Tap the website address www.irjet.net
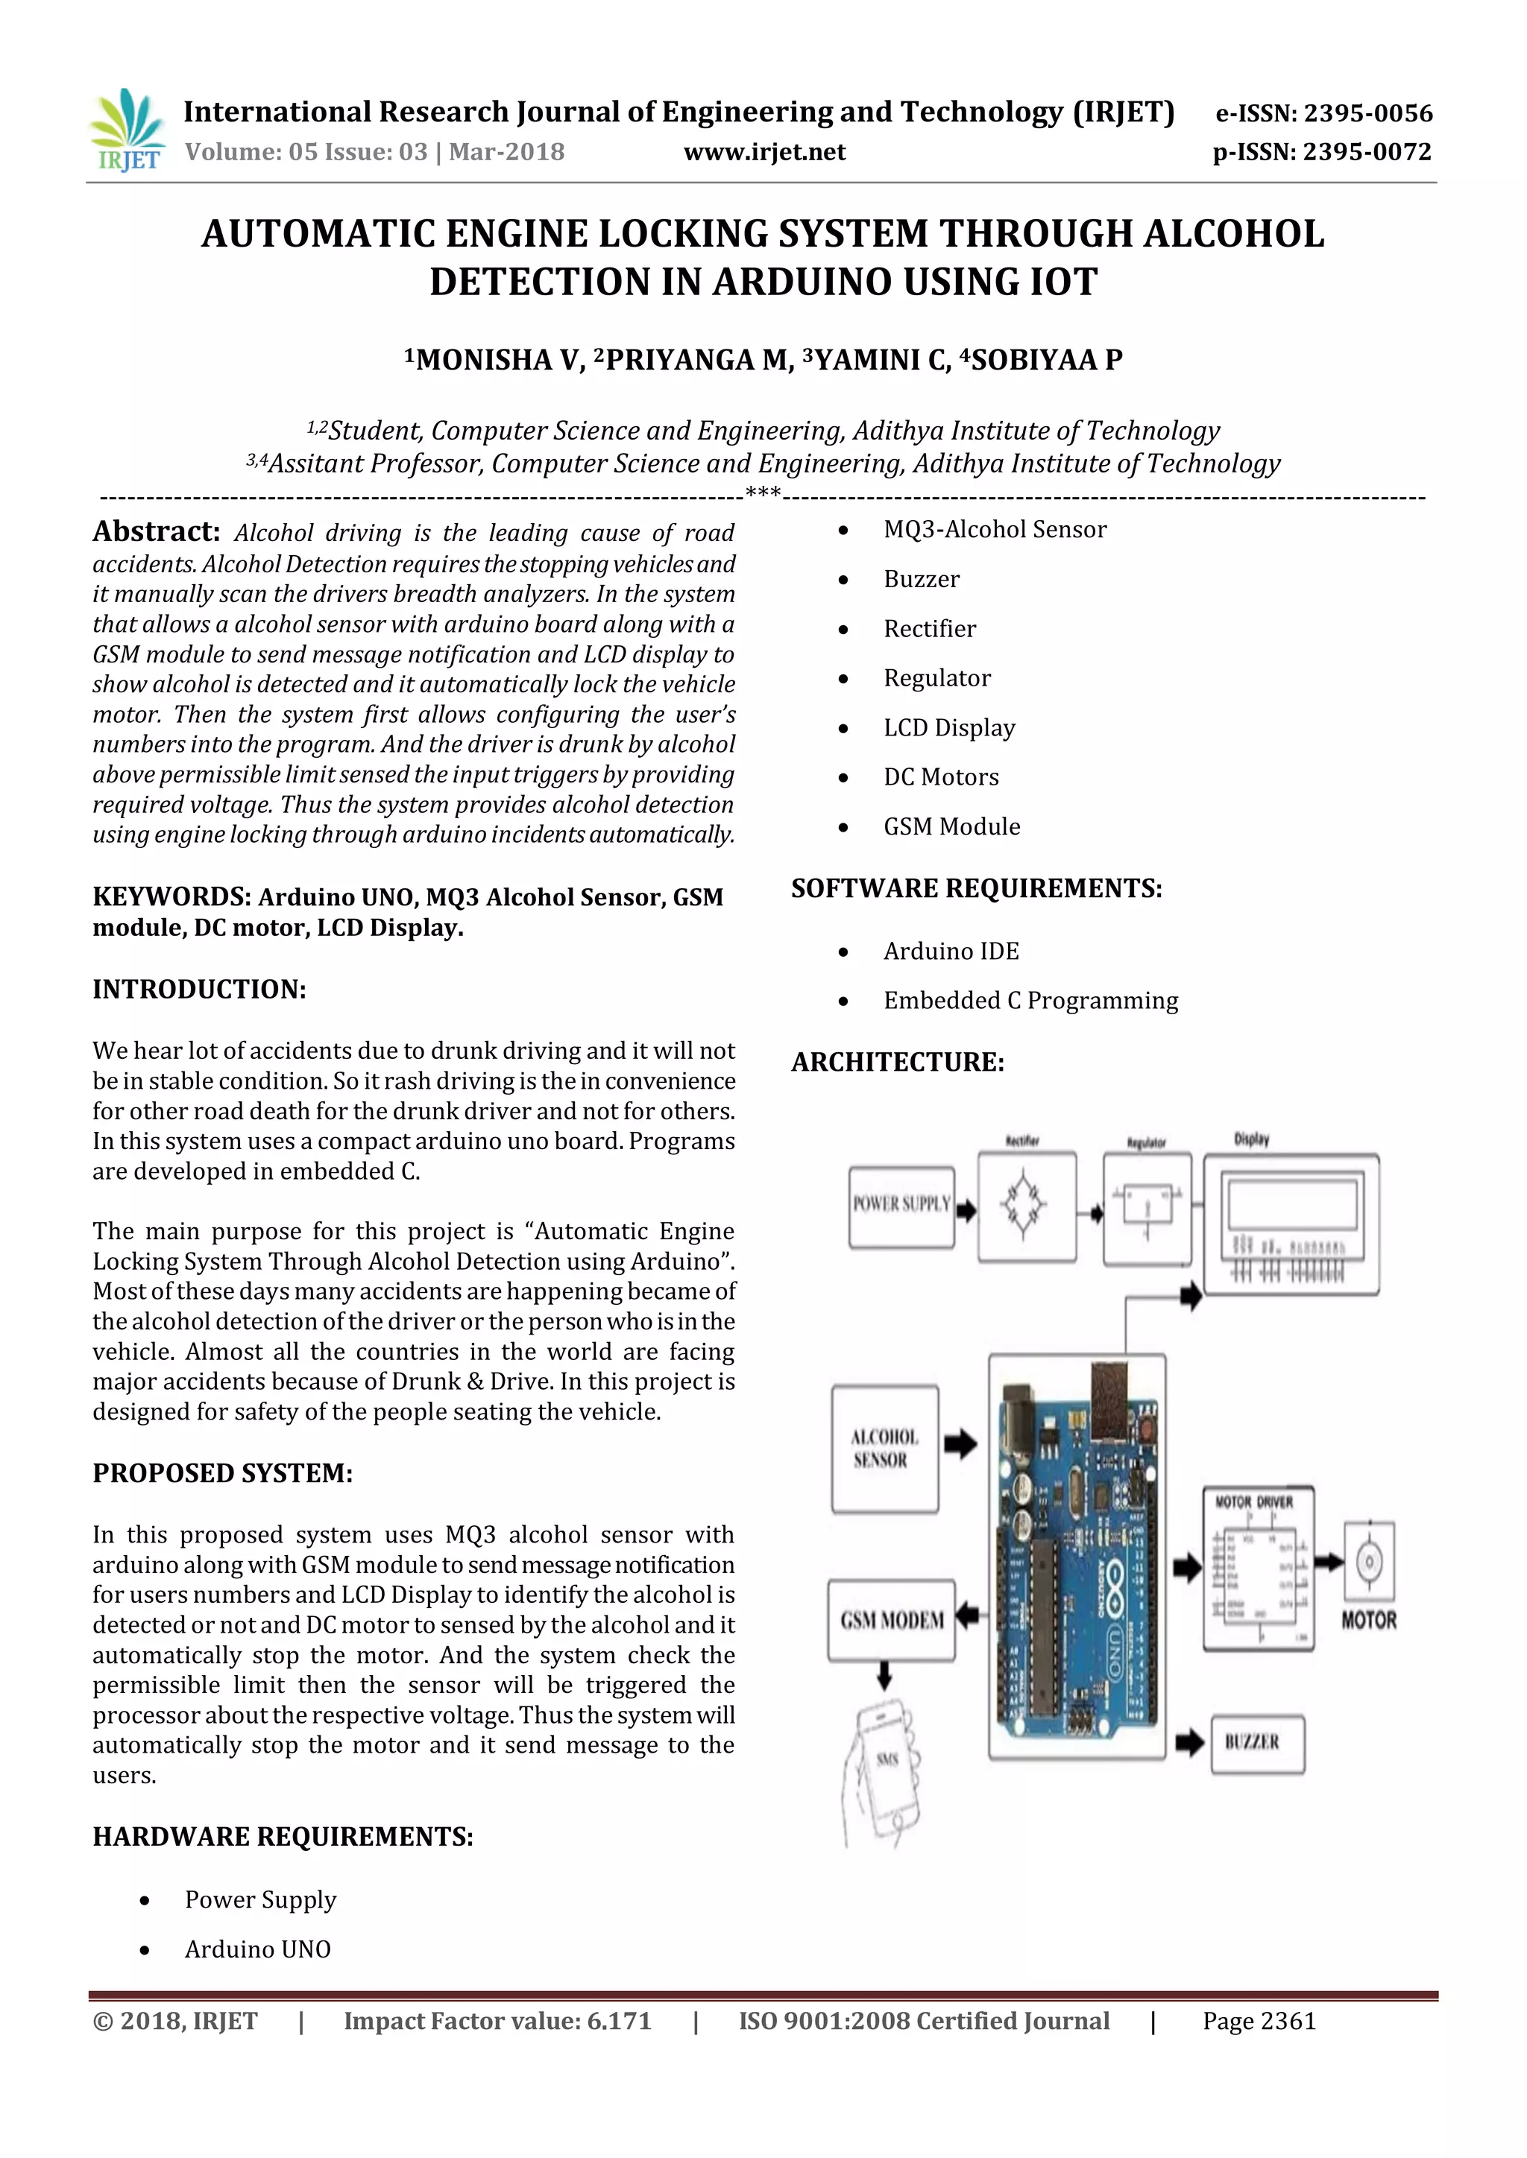[x=763, y=152]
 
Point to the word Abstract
[x=155, y=532]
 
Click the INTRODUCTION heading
[x=199, y=990]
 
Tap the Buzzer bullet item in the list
[x=922, y=579]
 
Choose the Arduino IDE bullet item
[x=951, y=951]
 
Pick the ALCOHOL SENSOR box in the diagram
[x=884, y=1449]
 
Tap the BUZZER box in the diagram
[x=1256, y=1744]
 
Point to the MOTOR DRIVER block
[x=1257, y=1567]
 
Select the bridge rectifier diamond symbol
[x=1025, y=1206]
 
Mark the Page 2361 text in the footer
[x=1259, y=2021]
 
